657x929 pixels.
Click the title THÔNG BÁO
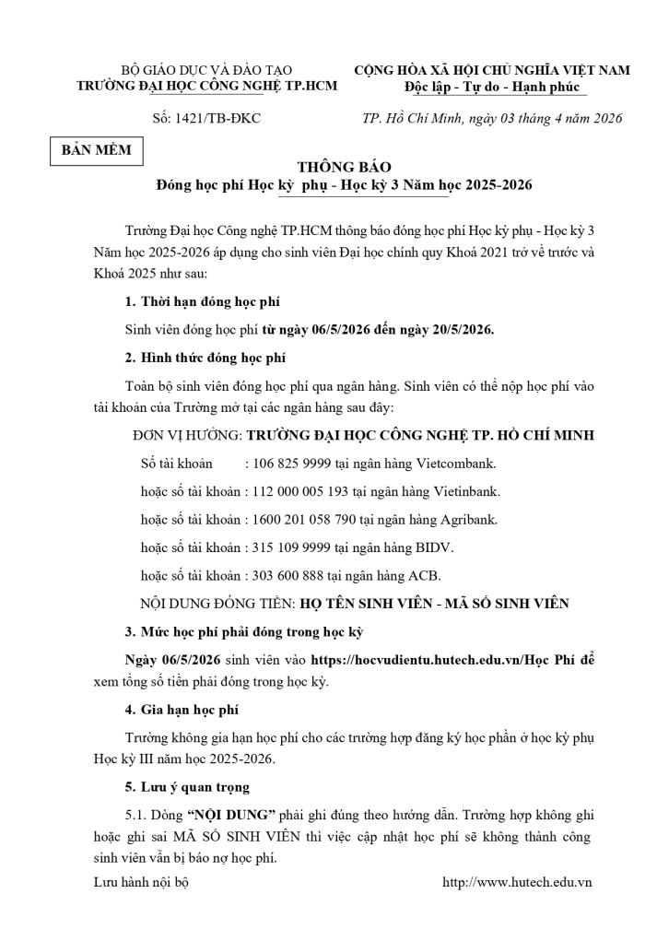pyautogui.click(x=344, y=167)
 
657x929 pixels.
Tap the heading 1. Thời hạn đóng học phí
pyautogui.click(x=203, y=302)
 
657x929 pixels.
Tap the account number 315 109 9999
pyautogui.click(x=290, y=547)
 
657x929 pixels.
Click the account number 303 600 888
pyautogui.click(x=285, y=576)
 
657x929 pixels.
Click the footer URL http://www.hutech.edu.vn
pyautogui.click(x=517, y=882)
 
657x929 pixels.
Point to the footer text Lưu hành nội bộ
pyautogui.click(x=141, y=882)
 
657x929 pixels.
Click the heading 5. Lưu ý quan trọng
pyautogui.click(x=186, y=788)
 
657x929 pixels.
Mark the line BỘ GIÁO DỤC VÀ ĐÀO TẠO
pyautogui.click(x=206, y=70)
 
